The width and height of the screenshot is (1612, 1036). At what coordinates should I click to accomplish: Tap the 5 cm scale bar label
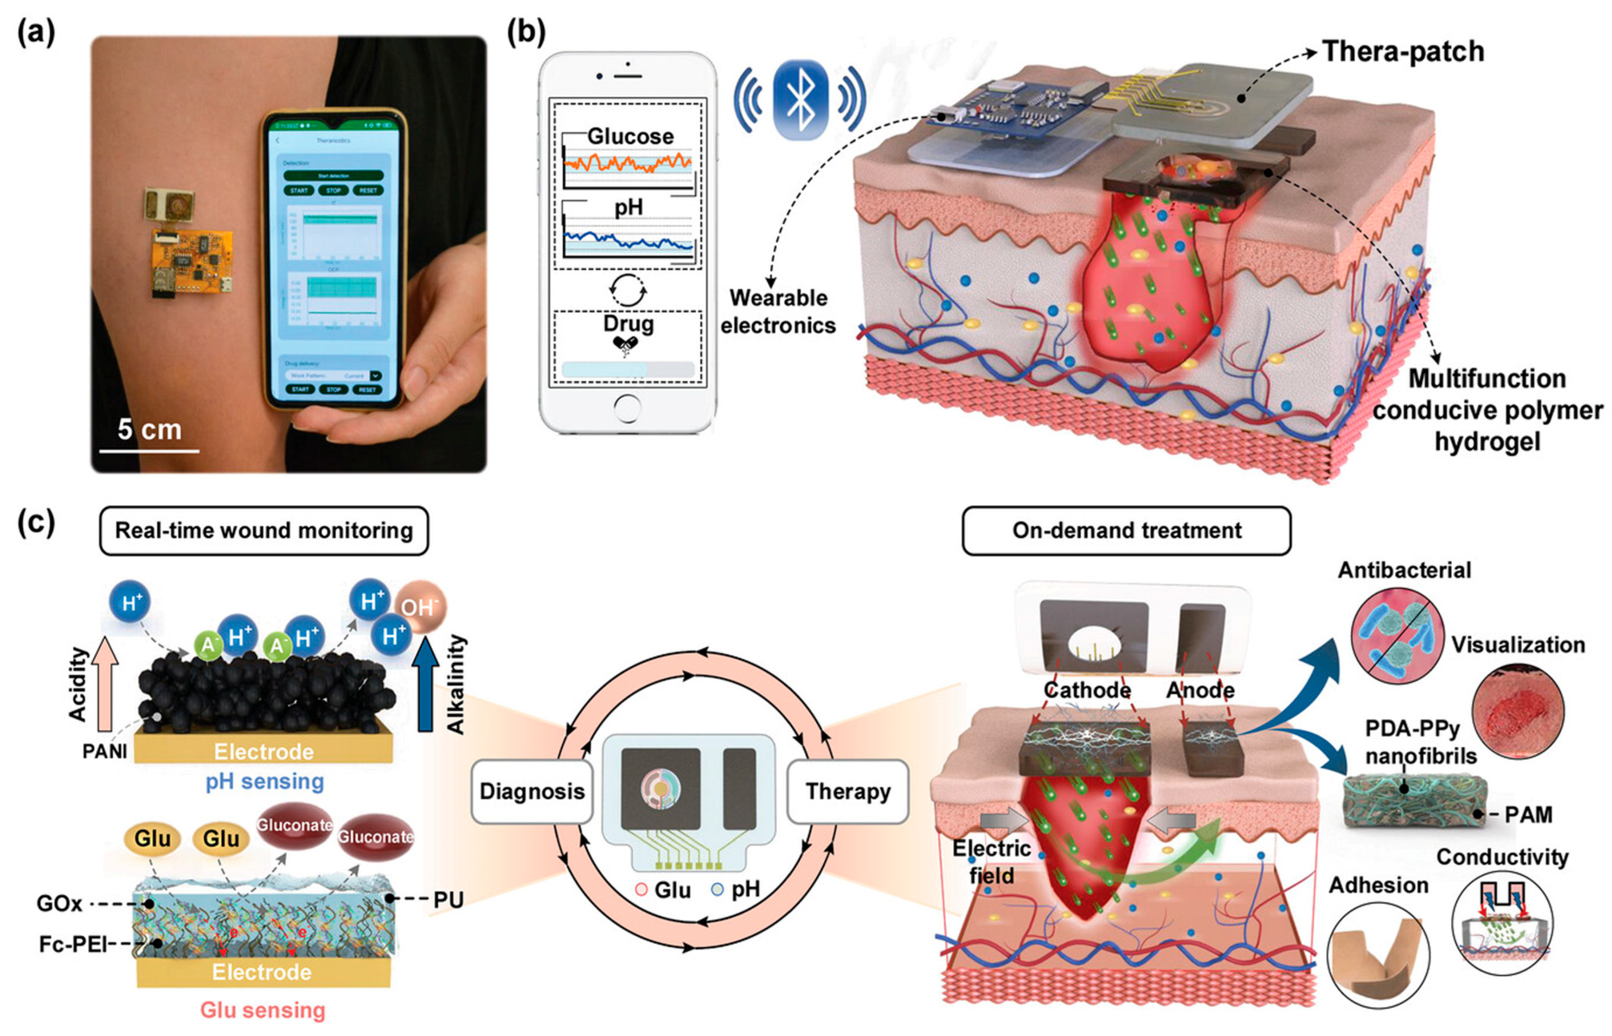149,429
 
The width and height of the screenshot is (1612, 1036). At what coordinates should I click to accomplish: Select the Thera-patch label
1403,52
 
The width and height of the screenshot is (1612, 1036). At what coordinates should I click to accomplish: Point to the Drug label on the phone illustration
628,324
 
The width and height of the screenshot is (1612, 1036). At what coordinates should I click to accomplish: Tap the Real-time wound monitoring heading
264,531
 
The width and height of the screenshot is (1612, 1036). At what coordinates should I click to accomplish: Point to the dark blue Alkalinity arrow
425,693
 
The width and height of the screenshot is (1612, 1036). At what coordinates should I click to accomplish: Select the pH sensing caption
264,781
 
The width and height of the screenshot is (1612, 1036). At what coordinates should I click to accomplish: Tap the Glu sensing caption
263,1010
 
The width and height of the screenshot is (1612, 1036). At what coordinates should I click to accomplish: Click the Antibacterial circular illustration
1397,636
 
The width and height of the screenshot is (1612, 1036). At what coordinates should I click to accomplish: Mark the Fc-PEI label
73,944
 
